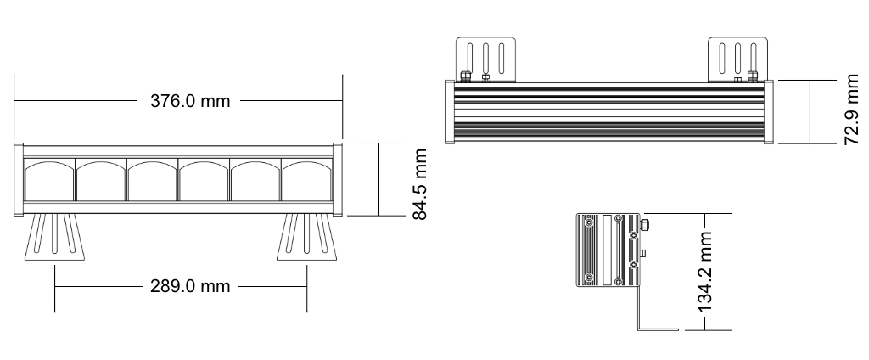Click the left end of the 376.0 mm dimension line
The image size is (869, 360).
point(14,100)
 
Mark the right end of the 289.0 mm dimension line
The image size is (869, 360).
point(306,287)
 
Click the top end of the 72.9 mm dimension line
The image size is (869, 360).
point(810,81)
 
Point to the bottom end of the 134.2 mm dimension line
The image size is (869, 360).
point(704,330)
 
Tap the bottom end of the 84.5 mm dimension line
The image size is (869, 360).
point(379,215)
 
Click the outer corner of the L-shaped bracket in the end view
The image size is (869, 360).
point(639,330)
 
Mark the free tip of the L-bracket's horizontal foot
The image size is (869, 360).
point(678,330)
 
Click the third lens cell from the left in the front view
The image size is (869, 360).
point(152,181)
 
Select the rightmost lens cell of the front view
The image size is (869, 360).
point(306,181)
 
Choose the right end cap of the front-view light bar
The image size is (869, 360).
point(338,179)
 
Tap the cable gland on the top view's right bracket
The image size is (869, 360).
point(752,76)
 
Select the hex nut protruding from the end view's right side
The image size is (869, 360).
point(645,224)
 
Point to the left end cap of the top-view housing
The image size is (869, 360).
point(450,112)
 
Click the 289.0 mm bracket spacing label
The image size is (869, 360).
point(189,287)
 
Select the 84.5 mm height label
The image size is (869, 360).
point(420,184)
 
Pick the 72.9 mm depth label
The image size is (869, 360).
point(851,111)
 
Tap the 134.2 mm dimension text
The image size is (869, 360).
point(704,272)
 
